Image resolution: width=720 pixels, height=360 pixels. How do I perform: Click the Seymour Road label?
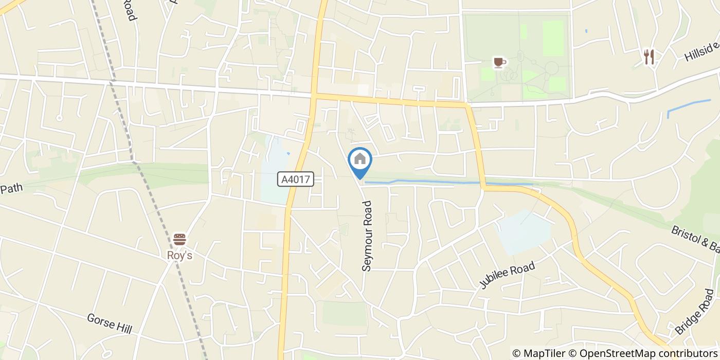[367, 236]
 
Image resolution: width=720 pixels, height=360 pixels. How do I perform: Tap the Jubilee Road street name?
[508, 275]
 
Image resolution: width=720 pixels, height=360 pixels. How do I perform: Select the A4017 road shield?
[296, 179]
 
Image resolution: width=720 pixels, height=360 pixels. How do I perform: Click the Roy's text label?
[179, 255]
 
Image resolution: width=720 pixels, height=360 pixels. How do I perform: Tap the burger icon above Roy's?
[179, 239]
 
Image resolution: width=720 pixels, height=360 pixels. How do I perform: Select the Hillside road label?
[702, 52]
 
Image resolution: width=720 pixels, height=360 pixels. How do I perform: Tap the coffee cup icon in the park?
[499, 62]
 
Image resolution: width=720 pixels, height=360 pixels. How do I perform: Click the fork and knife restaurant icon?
[649, 57]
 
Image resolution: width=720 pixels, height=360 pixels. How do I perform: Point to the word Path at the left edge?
[11, 188]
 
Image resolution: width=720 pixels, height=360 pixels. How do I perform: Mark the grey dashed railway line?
[154, 206]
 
